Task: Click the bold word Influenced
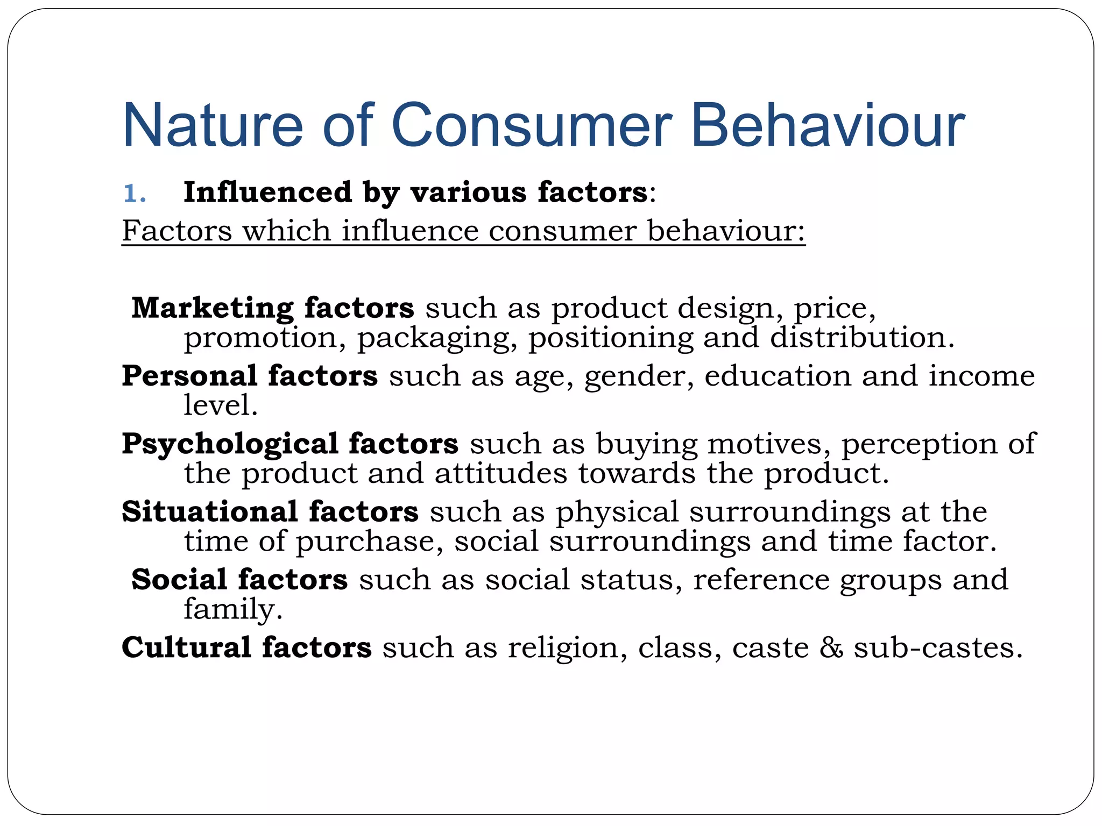coord(268,192)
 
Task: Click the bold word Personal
coord(189,375)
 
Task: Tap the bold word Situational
coord(209,511)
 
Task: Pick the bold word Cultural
coord(186,647)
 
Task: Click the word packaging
coord(434,339)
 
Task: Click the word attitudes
coord(500,473)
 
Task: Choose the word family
coord(232,610)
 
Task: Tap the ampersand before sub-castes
coord(831,647)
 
